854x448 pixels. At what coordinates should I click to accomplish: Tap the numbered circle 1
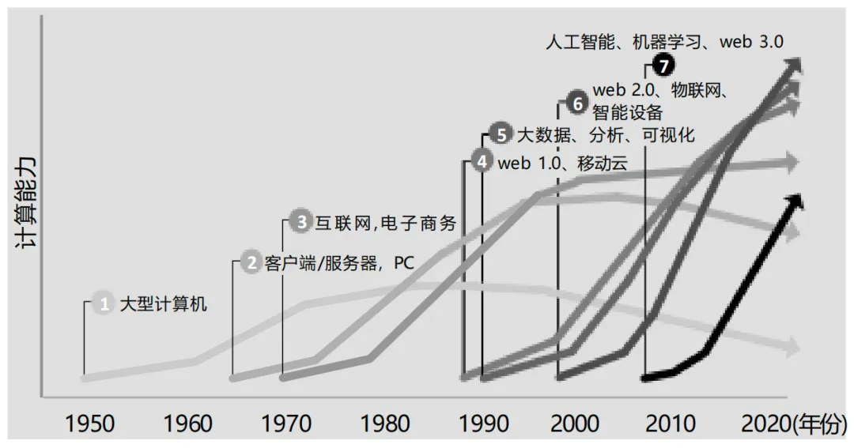[103, 303]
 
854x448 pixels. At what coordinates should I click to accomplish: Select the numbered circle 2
[251, 262]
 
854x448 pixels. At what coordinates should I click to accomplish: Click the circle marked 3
[300, 222]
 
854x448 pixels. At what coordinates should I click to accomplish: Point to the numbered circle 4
[482, 162]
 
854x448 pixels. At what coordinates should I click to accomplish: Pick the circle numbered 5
[500, 134]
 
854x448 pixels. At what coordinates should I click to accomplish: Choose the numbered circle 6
[577, 103]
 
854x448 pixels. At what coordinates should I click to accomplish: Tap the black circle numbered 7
[663, 66]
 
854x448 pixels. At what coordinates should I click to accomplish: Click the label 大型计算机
[163, 303]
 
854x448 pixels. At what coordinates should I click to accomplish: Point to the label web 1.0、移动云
[562, 163]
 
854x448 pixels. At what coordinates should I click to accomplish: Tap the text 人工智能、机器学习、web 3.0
[664, 42]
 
